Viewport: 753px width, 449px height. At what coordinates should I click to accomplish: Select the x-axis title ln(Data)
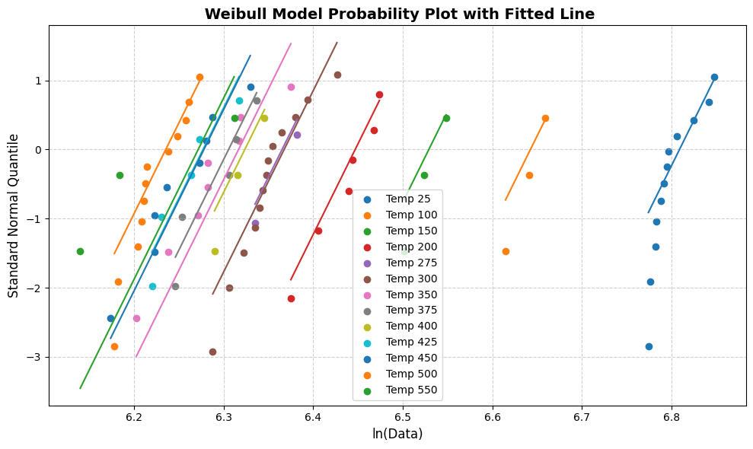click(x=397, y=434)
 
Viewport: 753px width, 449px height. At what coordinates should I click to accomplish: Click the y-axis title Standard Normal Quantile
click(x=14, y=215)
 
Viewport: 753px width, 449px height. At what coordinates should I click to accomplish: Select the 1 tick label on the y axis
click(x=40, y=81)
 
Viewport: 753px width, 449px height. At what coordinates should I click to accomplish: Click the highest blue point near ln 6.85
click(x=714, y=77)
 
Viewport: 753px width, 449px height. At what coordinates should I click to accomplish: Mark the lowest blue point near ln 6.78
click(x=649, y=346)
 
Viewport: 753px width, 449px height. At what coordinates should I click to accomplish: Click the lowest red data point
click(x=291, y=298)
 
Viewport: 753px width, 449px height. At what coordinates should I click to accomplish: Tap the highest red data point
click(x=379, y=94)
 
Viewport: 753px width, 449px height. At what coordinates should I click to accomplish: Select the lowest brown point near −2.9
click(x=212, y=352)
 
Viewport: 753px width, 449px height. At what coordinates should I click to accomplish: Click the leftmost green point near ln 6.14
click(x=80, y=251)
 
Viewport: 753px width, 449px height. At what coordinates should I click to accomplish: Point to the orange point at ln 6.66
click(x=545, y=118)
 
